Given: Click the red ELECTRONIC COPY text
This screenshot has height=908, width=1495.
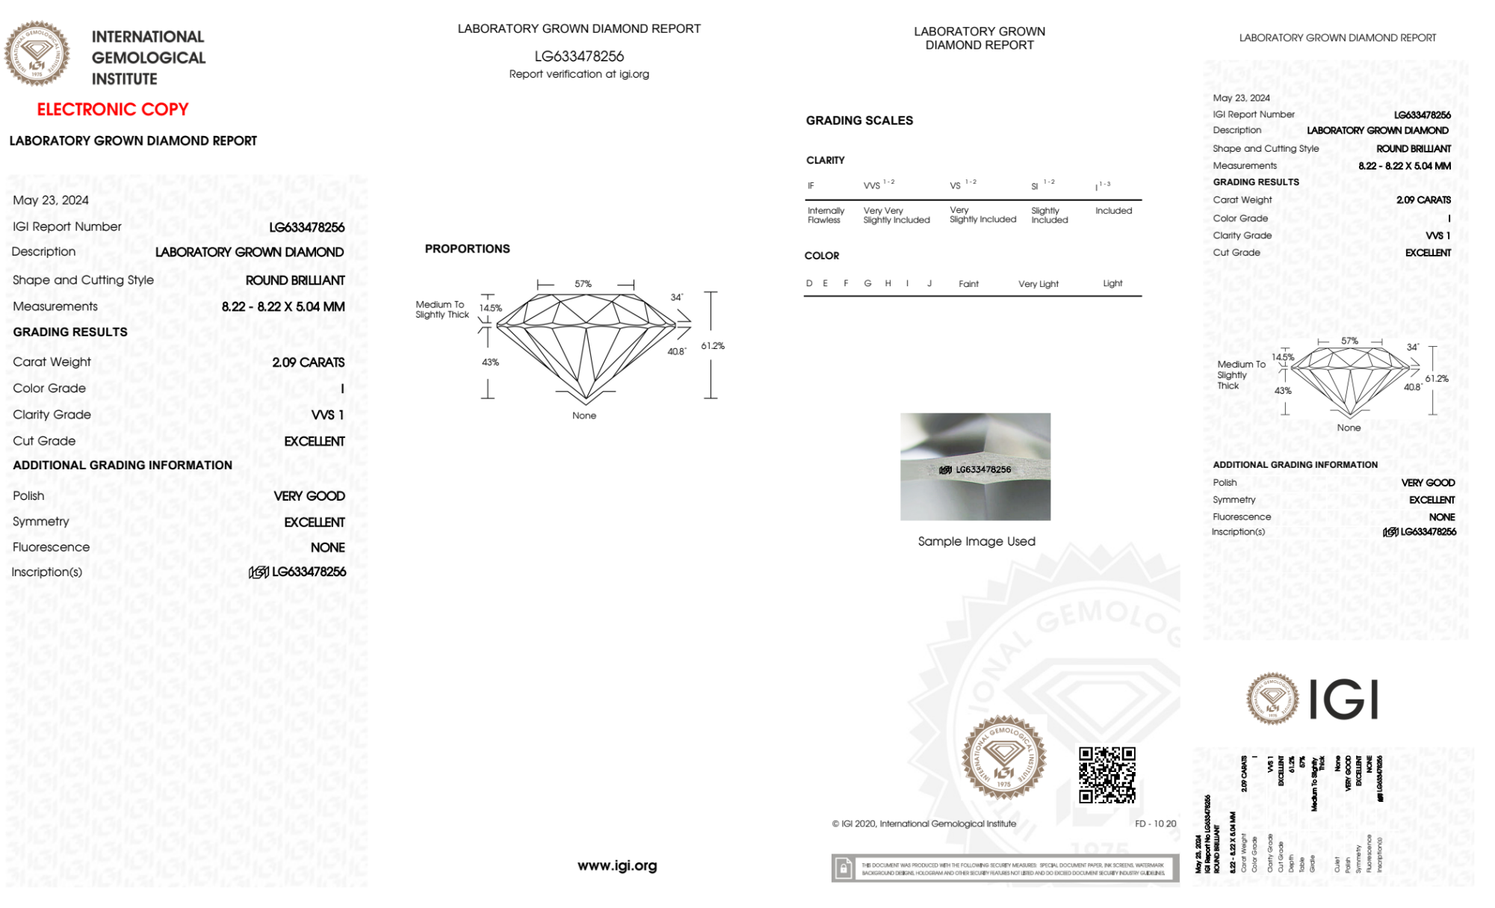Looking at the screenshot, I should click(x=113, y=109).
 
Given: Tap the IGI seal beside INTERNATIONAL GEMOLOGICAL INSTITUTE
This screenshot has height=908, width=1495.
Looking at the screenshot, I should click(x=37, y=53).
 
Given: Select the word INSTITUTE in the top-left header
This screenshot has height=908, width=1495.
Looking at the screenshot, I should click(x=124, y=78).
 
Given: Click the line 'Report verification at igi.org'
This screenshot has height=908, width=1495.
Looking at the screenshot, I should click(x=579, y=74).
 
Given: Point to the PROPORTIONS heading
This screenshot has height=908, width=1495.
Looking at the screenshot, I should click(x=467, y=249).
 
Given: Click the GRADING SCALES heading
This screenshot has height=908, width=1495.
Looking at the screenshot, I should click(x=859, y=120).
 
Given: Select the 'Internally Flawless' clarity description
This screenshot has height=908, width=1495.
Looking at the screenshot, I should click(x=826, y=215).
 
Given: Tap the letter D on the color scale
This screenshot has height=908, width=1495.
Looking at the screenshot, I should click(x=809, y=283).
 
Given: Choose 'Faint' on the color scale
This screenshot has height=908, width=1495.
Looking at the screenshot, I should click(x=968, y=284).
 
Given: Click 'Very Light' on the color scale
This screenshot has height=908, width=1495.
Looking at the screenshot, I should click(x=1039, y=284).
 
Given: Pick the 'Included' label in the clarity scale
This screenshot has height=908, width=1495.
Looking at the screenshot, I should click(x=1113, y=211).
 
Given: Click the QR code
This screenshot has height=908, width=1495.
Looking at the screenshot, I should click(x=1106, y=775).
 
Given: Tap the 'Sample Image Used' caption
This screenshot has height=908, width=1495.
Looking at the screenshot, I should click(x=976, y=541).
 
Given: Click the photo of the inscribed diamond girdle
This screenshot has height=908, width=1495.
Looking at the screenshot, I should click(x=975, y=466).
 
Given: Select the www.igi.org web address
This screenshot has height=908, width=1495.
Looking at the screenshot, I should click(x=617, y=865).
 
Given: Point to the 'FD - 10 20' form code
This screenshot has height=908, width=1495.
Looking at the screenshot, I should click(x=1155, y=824).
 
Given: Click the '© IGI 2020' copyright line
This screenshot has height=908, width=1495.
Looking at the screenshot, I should click(x=924, y=824).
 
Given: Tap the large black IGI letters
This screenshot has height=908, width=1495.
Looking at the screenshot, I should click(x=1344, y=700).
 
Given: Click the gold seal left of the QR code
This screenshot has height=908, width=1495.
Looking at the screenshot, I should click(x=1003, y=757).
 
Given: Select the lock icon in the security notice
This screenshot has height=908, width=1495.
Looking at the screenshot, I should click(x=844, y=868).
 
